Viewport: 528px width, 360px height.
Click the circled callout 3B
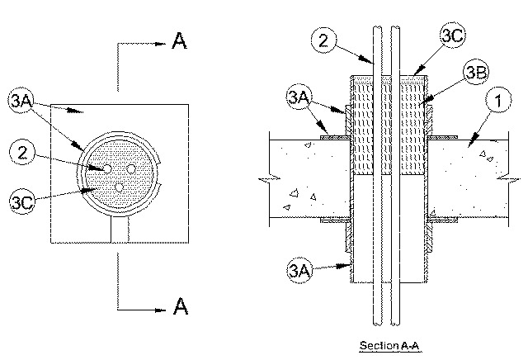(x=476, y=72)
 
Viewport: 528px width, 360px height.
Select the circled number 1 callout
(x=498, y=100)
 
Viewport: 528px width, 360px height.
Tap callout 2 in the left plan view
(x=22, y=153)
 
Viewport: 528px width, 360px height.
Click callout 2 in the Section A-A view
(x=323, y=40)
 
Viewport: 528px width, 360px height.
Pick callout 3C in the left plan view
(x=22, y=202)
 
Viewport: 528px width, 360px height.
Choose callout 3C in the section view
(x=453, y=36)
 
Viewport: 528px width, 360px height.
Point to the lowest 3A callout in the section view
(x=299, y=270)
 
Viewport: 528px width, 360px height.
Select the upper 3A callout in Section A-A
(x=299, y=97)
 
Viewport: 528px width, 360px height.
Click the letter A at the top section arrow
(x=179, y=40)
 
